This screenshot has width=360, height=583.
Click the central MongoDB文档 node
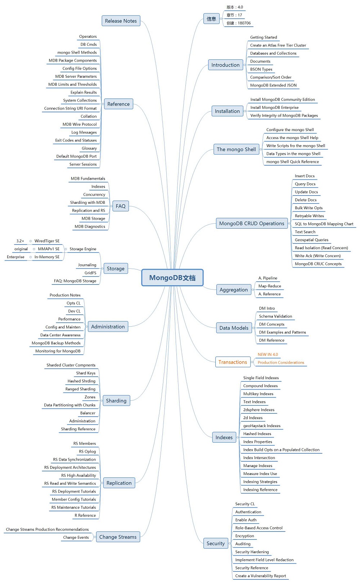172,278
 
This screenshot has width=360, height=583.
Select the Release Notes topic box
121,21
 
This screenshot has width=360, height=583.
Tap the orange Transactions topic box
233,362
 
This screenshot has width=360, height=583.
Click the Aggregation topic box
234,290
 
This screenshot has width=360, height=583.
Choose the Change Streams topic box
118,537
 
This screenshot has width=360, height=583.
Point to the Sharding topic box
116,400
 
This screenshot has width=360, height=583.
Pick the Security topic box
216,543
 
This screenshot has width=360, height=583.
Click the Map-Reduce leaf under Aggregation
270,286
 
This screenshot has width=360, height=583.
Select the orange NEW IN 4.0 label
268,354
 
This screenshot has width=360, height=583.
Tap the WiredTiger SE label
47,241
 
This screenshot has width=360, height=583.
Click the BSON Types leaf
261,69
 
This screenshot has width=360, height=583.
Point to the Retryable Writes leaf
309,216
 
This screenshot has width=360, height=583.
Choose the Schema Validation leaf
275,316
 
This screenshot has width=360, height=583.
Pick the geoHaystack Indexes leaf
262,426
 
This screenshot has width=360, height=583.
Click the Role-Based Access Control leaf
259,528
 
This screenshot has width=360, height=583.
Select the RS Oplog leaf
87,451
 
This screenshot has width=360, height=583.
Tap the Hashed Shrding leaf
81,381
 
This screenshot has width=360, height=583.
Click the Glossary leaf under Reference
89,148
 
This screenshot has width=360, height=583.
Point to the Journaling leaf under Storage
87,265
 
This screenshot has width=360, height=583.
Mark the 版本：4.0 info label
235,7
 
